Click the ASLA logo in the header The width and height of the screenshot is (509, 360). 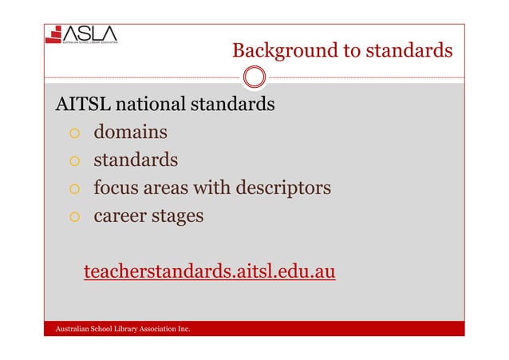pyautogui.click(x=81, y=34)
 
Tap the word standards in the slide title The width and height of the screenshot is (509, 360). pyautogui.click(x=408, y=52)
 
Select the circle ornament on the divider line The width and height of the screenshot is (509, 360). pyautogui.click(x=254, y=77)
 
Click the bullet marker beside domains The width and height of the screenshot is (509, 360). pyautogui.click(x=73, y=133)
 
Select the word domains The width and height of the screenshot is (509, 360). pyautogui.click(x=130, y=133)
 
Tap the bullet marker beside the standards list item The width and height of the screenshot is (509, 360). pyautogui.click(x=73, y=161)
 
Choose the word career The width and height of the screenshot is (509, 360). pyautogui.click(x=119, y=216)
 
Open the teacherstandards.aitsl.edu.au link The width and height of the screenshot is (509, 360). pyautogui.click(x=210, y=273)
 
